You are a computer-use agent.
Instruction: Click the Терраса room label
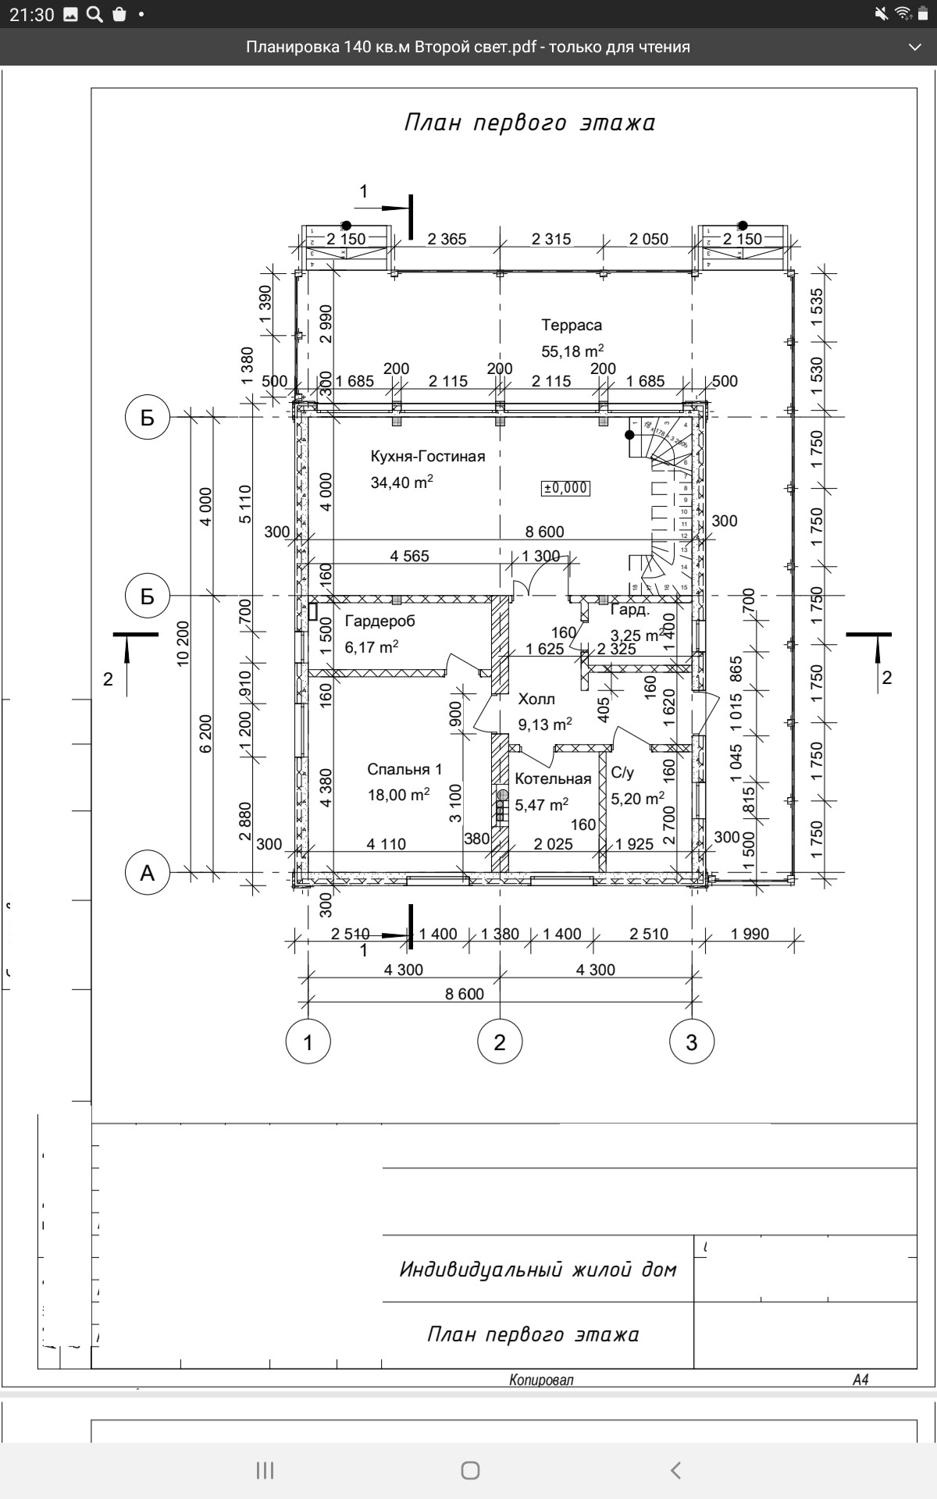(572, 325)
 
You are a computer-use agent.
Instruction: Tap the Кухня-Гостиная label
(427, 457)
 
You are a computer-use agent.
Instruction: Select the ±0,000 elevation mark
(566, 488)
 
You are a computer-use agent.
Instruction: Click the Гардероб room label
(379, 621)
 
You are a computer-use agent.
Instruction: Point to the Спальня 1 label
(404, 770)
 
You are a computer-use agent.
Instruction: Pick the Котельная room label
(553, 779)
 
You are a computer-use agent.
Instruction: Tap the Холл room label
(536, 699)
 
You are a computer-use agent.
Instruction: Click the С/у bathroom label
(622, 773)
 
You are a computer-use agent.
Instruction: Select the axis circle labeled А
(148, 873)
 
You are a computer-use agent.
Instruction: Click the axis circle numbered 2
(500, 1041)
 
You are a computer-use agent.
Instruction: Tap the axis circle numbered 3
(692, 1041)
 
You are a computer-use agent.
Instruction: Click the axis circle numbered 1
(308, 1041)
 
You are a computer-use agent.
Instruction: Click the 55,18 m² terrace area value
(572, 351)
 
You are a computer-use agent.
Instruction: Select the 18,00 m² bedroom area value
(398, 796)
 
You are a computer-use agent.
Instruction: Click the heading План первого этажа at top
(529, 123)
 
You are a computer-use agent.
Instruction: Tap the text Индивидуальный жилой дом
(538, 1269)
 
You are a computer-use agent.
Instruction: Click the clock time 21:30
(31, 14)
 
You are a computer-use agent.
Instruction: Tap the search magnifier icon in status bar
(94, 14)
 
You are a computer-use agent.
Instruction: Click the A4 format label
(860, 1380)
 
